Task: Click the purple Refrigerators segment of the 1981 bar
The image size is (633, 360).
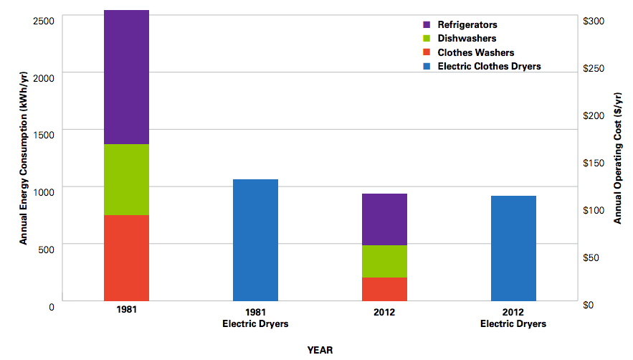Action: tap(126, 77)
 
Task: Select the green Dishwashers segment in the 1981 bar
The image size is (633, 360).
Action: tap(126, 179)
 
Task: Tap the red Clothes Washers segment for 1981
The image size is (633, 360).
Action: tap(126, 257)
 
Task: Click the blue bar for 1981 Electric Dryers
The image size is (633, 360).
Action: tap(256, 240)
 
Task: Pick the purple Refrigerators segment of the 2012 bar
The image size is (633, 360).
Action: tap(385, 219)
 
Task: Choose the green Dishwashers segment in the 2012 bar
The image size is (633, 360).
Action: tap(385, 261)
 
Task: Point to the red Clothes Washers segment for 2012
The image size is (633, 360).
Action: tap(385, 289)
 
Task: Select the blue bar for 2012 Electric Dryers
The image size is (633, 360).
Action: tap(514, 248)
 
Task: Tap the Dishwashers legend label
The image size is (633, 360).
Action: tap(467, 39)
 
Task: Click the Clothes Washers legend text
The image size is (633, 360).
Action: tap(475, 52)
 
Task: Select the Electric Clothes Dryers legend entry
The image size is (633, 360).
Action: tap(489, 66)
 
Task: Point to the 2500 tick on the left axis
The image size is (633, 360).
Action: tap(44, 20)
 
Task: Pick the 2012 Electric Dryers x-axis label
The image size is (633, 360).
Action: tap(513, 318)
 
